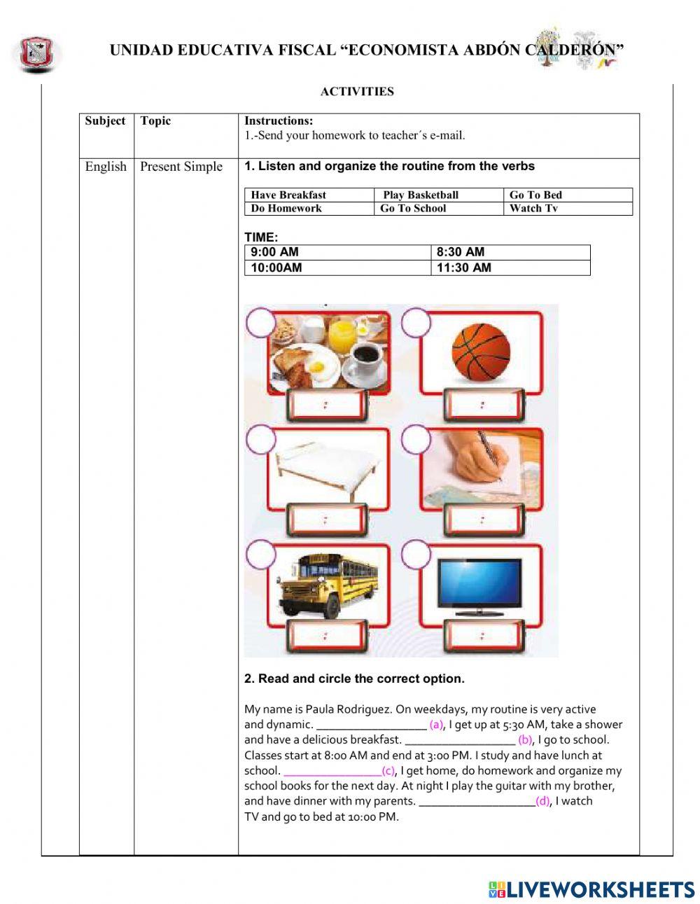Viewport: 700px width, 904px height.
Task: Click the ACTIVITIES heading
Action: pyautogui.click(x=357, y=92)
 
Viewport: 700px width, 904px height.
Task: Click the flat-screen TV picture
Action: pyautogui.click(x=479, y=585)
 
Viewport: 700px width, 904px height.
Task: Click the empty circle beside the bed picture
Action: pyautogui.click(x=260, y=440)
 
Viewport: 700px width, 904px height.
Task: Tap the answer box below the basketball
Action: pyautogui.click(x=482, y=405)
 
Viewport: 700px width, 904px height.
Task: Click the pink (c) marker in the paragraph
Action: pyautogui.click(x=388, y=771)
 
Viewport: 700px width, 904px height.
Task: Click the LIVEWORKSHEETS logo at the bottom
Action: pyautogui.click(x=591, y=889)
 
